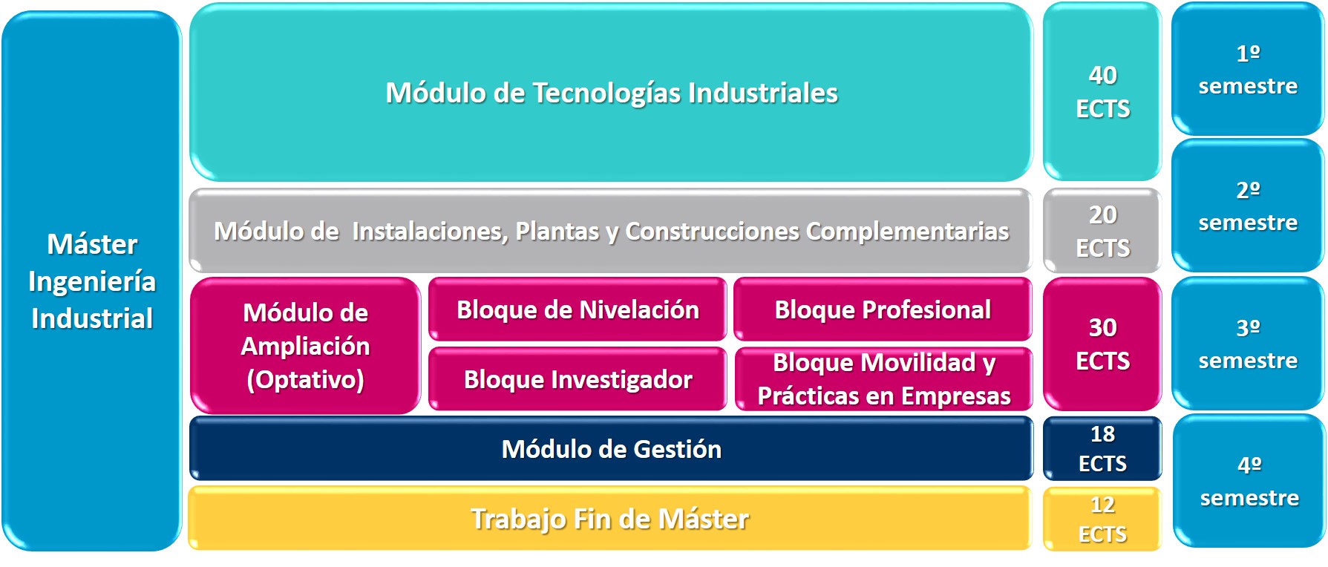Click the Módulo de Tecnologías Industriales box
point(611,93)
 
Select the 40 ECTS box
point(1102,92)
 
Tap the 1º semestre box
point(1248,69)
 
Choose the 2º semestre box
point(1248,206)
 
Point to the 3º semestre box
point(1248,344)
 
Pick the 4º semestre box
point(1249,481)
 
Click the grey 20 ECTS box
point(1102,231)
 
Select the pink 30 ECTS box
point(1102,344)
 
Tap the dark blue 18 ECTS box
point(1102,448)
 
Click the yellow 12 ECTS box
point(1102,519)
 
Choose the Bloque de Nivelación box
point(578,309)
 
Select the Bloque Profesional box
point(883,309)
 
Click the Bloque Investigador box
point(578,379)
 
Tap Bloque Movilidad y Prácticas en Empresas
point(883,379)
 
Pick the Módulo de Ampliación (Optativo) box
point(305,346)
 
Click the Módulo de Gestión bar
point(611,449)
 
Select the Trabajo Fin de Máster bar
point(609,519)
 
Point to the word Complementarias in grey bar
point(907,232)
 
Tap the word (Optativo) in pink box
point(305,380)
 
